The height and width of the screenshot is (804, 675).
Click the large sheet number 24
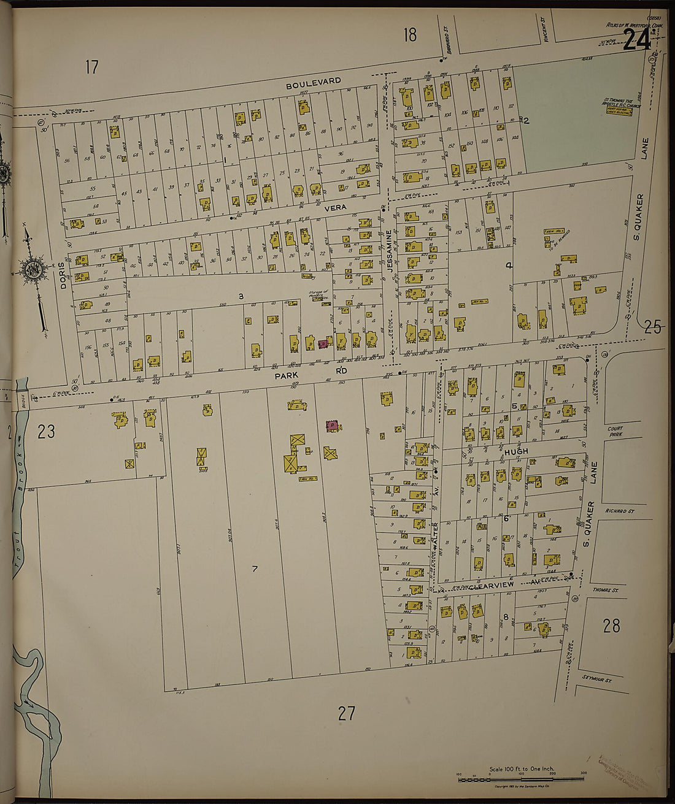[x=636, y=41]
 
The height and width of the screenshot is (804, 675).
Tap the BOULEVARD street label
[x=314, y=83]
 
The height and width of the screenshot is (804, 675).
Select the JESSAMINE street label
[x=389, y=251]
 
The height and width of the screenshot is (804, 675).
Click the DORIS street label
[x=63, y=280]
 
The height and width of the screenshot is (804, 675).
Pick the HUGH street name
[x=515, y=451]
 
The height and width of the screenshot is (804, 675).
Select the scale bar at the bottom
[x=522, y=778]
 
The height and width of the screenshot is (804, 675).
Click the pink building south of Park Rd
[x=332, y=424]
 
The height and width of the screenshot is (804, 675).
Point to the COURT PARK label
[x=615, y=432]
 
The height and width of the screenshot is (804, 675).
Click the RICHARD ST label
[x=619, y=510]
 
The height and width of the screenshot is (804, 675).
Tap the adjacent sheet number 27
[x=347, y=713]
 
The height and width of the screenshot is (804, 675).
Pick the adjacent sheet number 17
[x=91, y=67]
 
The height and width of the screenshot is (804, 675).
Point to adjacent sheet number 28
[x=611, y=626]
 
